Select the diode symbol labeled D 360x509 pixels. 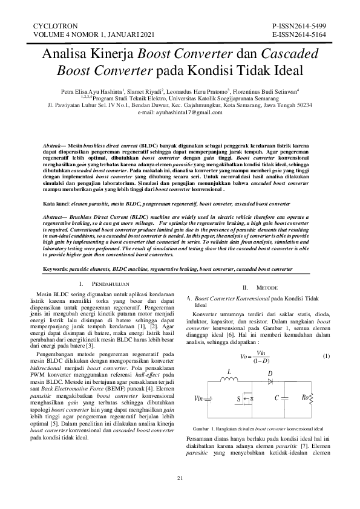tap(270, 382)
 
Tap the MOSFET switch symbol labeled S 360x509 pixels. tap(248, 398)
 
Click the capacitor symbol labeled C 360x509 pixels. tap(285, 398)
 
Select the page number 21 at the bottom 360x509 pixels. tap(180, 479)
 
